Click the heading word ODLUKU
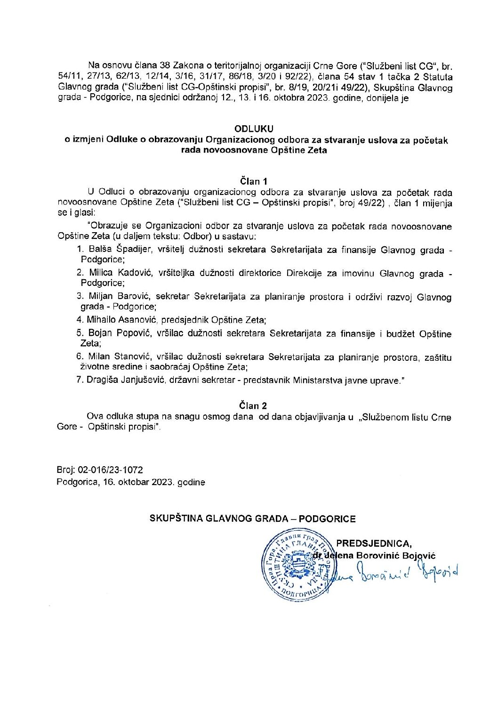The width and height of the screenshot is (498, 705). [x=254, y=129]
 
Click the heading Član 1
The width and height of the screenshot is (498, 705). [x=254, y=181]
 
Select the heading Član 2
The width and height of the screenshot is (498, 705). [x=253, y=405]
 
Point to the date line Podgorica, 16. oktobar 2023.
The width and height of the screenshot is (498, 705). [x=130, y=482]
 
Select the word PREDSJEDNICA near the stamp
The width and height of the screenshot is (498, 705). [x=374, y=544]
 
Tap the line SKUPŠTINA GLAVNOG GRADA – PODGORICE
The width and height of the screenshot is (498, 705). [x=252, y=519]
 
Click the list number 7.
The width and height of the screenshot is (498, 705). [x=80, y=380]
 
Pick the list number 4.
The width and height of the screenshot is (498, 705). [x=80, y=320]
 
